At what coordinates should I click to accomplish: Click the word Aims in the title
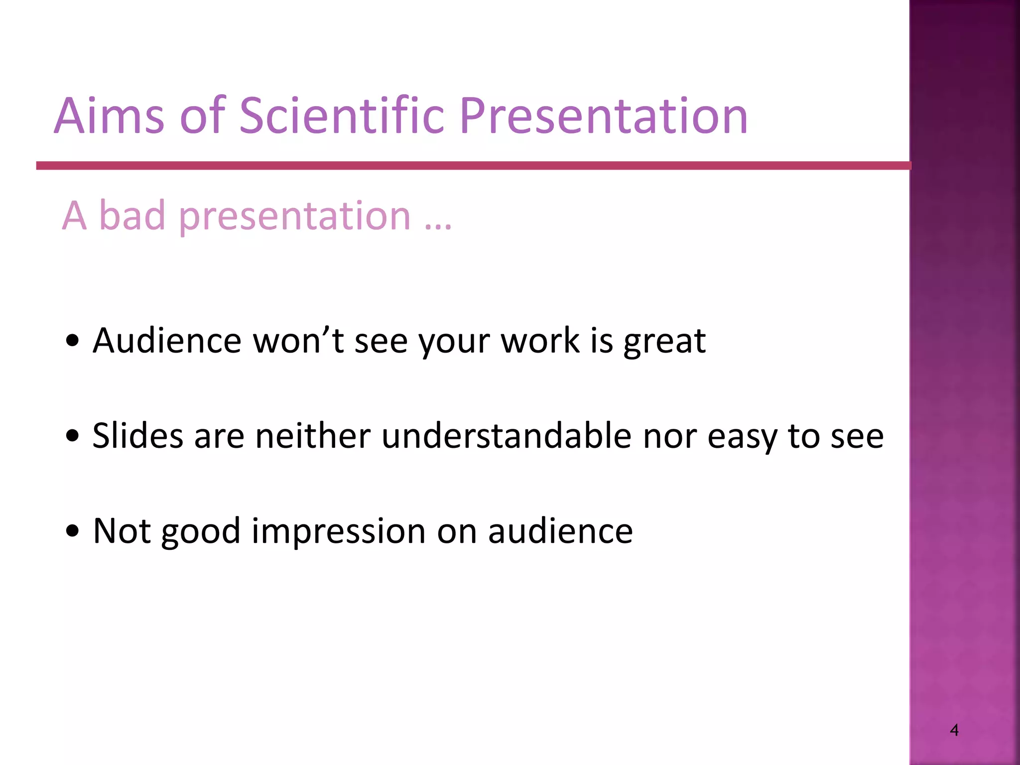(109, 116)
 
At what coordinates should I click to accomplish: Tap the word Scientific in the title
(342, 116)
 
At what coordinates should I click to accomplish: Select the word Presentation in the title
(604, 117)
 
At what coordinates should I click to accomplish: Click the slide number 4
(954, 730)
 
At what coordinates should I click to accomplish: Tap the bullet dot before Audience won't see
(73, 341)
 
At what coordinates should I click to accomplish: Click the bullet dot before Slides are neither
(73, 436)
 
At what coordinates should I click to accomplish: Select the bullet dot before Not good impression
(73, 531)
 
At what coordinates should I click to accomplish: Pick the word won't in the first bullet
(298, 341)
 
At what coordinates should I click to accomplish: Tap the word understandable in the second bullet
(507, 436)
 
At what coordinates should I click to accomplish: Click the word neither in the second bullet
(313, 436)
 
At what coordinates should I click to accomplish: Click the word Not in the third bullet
(122, 531)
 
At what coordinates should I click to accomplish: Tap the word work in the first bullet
(540, 341)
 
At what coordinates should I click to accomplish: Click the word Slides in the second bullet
(138, 436)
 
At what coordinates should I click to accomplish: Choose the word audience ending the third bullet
(560, 531)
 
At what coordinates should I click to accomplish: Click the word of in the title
(203, 116)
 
